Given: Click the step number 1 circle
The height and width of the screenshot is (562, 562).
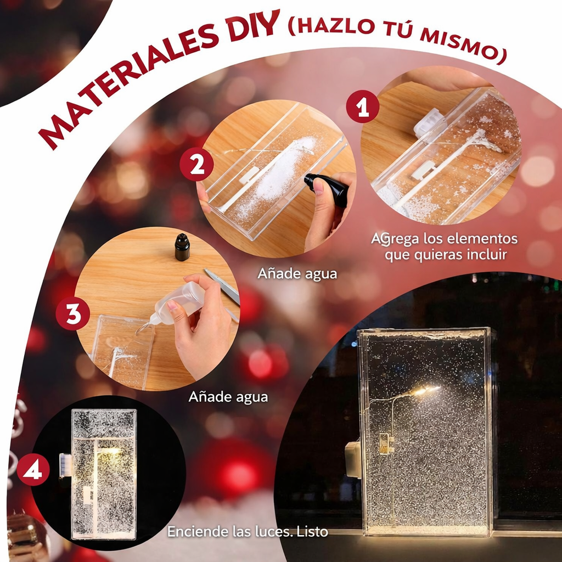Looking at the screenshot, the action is click(x=362, y=106).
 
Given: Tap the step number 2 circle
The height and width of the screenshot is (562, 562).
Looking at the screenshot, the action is click(x=196, y=164).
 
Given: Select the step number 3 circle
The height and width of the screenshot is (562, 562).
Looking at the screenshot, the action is click(x=73, y=313).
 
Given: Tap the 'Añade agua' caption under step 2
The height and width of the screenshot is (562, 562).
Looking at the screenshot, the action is click(x=297, y=274).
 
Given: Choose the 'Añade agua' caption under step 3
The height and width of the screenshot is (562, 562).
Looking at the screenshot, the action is click(x=228, y=397).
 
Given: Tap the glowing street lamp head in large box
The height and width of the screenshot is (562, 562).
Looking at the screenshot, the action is click(x=426, y=390).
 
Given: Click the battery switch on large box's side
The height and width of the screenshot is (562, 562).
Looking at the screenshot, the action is click(x=353, y=460).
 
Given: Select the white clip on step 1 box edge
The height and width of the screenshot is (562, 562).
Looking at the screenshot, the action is click(x=429, y=122).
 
